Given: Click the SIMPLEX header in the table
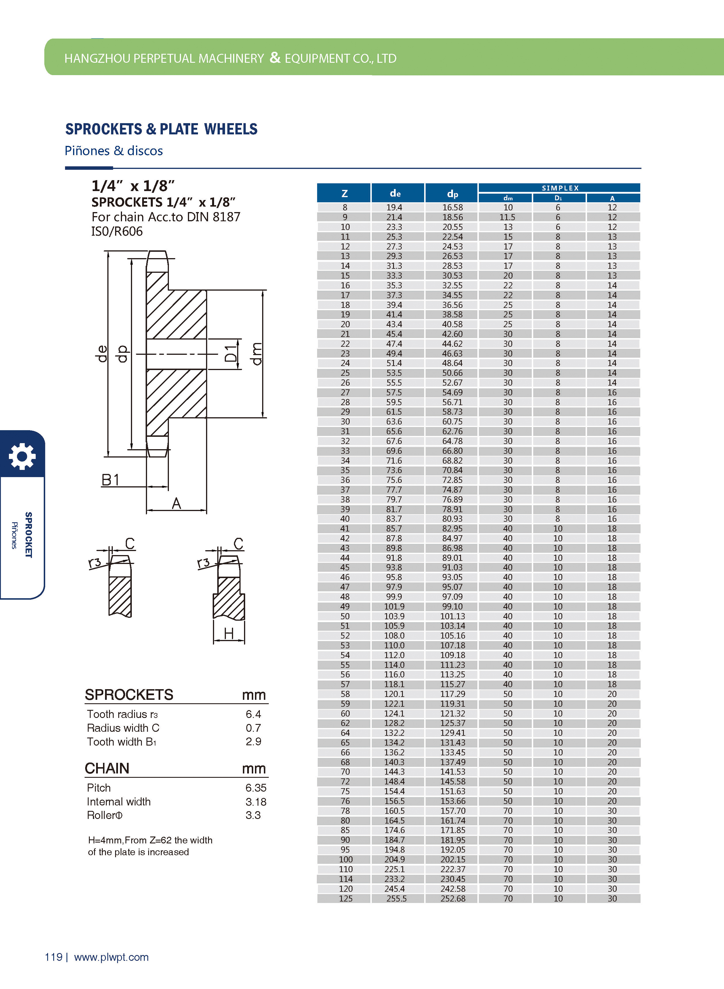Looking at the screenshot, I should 560,188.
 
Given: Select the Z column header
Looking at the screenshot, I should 344,193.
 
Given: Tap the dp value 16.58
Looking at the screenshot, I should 452,207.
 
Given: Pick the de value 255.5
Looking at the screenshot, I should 396,898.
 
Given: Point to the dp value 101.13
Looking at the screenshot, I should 452,616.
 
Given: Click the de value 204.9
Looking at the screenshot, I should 395,859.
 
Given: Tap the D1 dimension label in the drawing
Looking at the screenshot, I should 230,353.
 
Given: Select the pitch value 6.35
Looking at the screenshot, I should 256,788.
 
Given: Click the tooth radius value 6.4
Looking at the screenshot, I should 253,714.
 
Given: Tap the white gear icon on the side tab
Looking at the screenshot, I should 22,456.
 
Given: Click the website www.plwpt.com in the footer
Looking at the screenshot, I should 111,957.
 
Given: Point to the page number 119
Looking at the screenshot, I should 54,957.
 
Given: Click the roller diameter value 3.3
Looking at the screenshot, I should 253,815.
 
